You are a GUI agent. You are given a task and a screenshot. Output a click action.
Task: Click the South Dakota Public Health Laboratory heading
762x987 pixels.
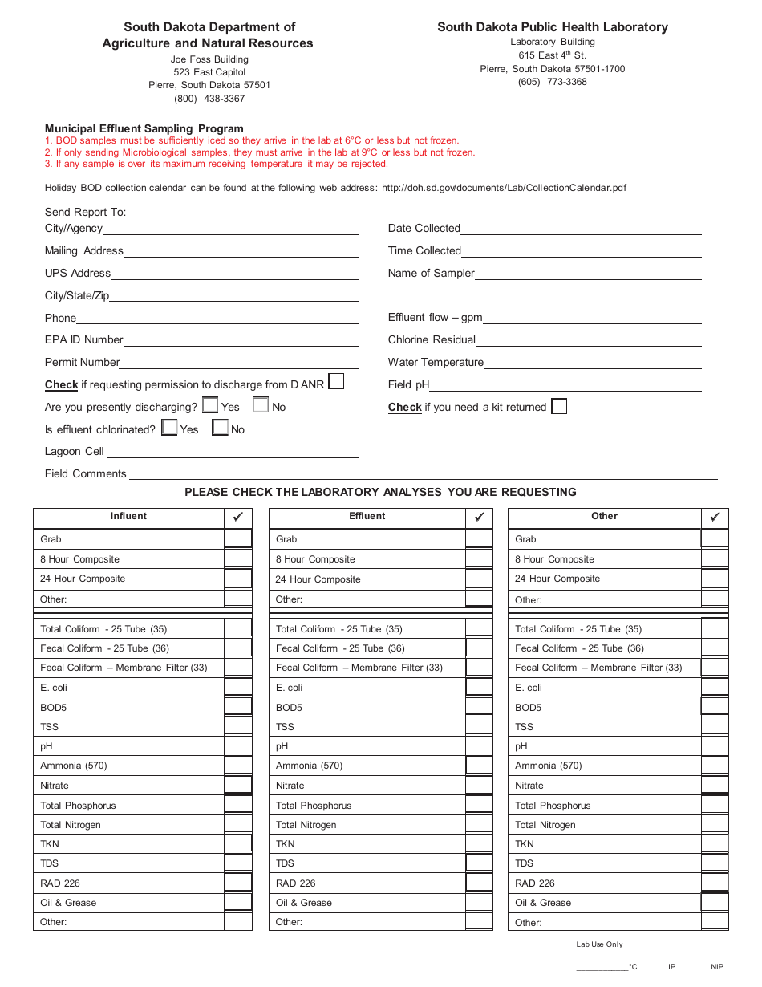click(552, 27)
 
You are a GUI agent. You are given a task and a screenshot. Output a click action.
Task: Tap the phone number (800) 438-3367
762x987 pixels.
click(209, 99)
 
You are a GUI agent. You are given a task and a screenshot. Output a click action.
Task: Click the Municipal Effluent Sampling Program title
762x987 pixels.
click(144, 128)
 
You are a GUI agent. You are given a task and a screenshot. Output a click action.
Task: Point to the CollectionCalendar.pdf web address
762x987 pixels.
click(504, 188)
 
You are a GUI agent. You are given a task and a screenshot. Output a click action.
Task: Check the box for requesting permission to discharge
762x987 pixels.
click(336, 382)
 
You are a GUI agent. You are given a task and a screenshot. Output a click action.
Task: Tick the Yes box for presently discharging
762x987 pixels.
click(210, 406)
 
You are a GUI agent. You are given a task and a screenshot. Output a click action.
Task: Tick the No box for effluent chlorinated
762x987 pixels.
click(220, 429)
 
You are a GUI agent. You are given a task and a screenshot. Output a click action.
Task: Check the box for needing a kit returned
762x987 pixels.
click(559, 407)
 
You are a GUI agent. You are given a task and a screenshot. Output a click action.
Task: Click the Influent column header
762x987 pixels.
click(128, 517)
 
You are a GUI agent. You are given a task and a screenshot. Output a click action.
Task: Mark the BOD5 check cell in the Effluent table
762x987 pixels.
click(479, 707)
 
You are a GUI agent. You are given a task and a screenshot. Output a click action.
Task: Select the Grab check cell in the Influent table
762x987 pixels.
click(237, 539)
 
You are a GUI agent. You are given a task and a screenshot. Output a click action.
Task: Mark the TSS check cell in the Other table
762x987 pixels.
click(715, 727)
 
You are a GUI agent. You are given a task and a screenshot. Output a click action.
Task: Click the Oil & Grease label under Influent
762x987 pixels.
click(68, 903)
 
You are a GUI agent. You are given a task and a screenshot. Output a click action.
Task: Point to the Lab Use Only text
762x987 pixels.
click(599, 944)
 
